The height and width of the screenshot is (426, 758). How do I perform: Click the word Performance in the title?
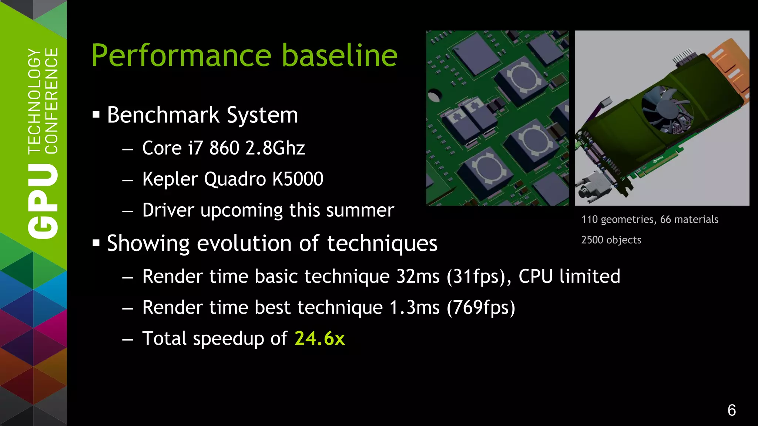pos(182,55)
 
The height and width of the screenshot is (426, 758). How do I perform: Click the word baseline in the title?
pos(339,55)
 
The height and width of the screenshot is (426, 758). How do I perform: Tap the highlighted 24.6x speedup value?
pos(319,338)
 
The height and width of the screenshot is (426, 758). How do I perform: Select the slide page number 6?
pos(731,410)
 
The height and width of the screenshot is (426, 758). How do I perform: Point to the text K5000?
pos(298,179)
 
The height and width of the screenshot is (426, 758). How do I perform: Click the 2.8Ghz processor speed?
pos(275,148)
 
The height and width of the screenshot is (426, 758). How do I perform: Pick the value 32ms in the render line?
pos(417,277)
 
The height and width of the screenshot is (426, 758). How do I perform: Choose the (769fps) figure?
pos(481,308)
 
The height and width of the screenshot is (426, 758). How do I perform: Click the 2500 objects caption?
pos(611,240)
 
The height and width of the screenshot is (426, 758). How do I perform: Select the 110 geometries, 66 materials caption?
pos(650,220)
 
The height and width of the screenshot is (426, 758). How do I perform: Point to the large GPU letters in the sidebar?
pos(43,202)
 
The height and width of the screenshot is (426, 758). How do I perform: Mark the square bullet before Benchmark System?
pos(96,115)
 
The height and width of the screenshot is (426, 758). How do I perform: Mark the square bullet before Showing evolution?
pos(96,243)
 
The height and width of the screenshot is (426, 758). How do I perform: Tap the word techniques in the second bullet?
pos(382,244)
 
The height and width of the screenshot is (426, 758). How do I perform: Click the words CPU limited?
pos(569,277)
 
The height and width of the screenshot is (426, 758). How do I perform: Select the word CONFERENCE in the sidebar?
pos(51,101)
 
